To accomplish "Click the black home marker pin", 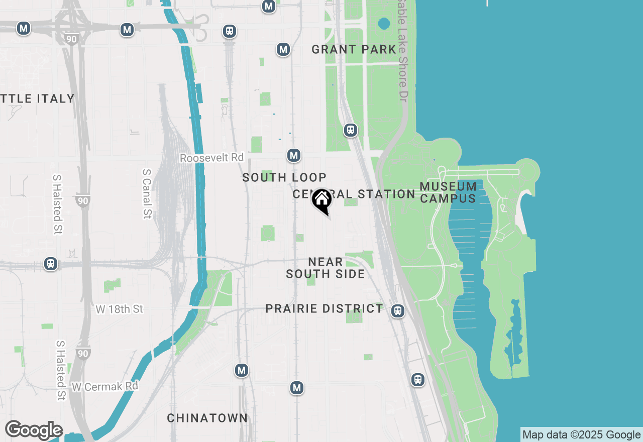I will click(x=321, y=200).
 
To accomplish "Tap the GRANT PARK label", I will click(x=354, y=49).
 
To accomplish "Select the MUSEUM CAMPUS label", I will click(x=448, y=192).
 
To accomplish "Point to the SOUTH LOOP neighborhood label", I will click(x=284, y=177).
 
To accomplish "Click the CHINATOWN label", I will click(x=207, y=418).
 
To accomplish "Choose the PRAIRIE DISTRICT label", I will click(x=324, y=308).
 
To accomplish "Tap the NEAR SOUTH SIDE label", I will click(x=326, y=268).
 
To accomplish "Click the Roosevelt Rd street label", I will click(x=211, y=158).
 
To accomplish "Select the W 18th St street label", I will click(x=120, y=309).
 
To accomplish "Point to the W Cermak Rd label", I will click(x=104, y=387).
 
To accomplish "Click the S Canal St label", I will click(x=147, y=193).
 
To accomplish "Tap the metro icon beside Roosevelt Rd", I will click(x=294, y=155).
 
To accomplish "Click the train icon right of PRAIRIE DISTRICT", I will click(x=398, y=311).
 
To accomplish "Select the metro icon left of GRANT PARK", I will click(x=283, y=49).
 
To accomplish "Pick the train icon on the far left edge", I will click(x=50, y=263).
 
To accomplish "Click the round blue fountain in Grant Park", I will click(x=384, y=23).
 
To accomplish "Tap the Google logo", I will click(x=34, y=430).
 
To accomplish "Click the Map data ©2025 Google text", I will click(x=581, y=435).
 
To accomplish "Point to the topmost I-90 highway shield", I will click(x=72, y=39).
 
